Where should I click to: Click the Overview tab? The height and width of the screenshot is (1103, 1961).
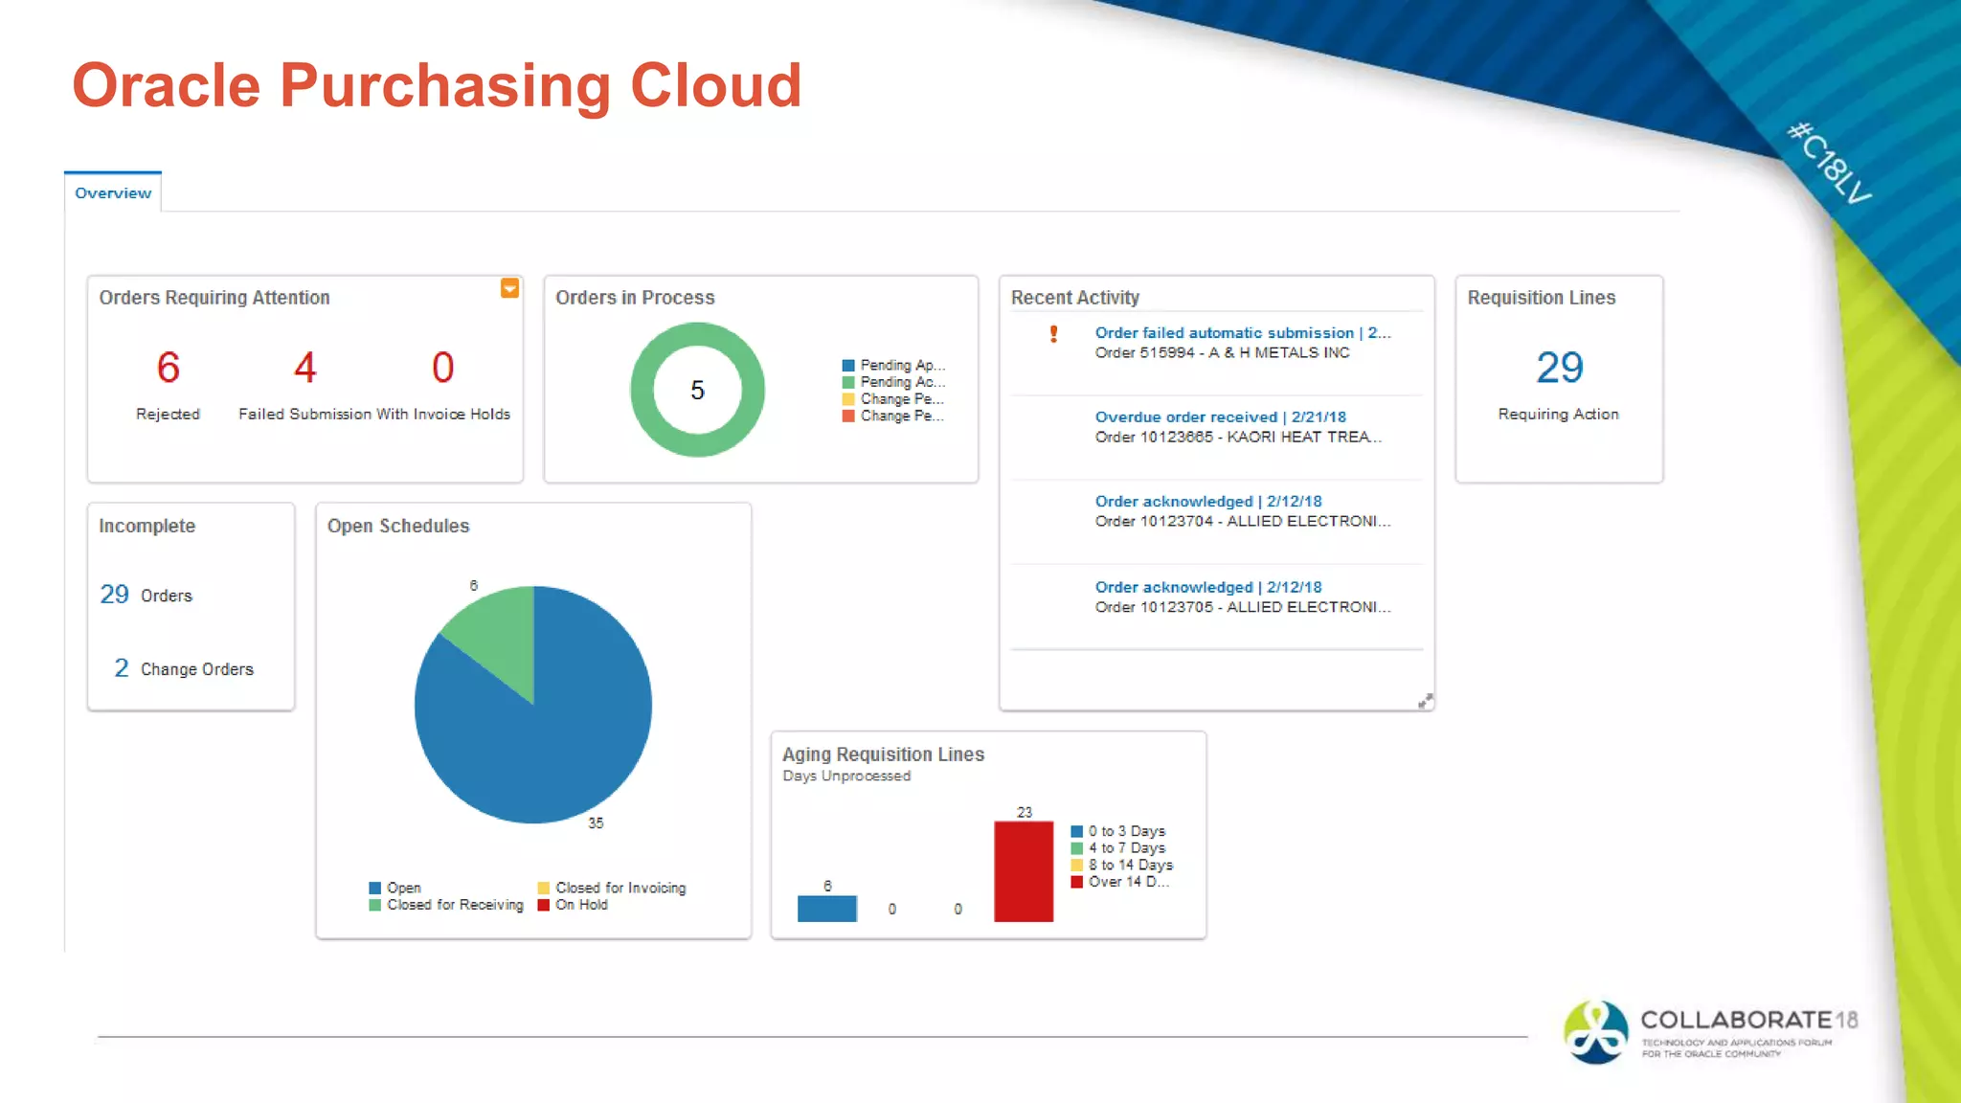113,192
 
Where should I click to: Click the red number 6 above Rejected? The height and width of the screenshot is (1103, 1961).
169,368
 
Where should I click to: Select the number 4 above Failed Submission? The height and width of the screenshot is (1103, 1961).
304,368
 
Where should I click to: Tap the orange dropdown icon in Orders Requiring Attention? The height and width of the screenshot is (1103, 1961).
509,288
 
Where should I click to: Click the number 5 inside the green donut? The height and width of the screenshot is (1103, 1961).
697,390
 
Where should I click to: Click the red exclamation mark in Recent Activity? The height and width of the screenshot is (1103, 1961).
1053,333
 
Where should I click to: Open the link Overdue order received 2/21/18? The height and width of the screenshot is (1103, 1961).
1220,416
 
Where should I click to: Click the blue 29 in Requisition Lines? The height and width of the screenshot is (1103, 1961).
1559,368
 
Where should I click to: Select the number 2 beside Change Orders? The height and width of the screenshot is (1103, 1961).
122,668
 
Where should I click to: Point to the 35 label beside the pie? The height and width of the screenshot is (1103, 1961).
596,822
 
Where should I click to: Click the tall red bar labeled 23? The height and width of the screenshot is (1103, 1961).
1023,871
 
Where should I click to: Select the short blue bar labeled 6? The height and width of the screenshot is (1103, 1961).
826,909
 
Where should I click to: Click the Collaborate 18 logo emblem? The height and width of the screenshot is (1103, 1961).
1595,1032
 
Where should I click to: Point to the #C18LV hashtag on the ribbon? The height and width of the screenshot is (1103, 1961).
1829,163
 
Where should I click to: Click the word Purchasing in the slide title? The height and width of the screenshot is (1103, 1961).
445,86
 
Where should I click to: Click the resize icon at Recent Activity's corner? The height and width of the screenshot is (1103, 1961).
1425,701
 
